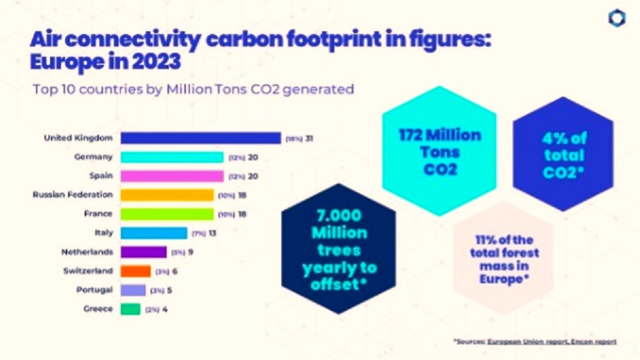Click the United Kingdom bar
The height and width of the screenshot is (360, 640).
(x=200, y=138)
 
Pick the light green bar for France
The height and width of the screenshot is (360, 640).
(x=167, y=214)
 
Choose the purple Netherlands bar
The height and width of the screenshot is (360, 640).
(x=143, y=252)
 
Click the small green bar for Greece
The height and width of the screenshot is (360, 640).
(x=131, y=309)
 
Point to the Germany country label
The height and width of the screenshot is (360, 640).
(x=93, y=157)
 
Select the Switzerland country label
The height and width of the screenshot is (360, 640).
(x=90, y=271)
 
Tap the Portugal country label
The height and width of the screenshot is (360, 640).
(x=94, y=290)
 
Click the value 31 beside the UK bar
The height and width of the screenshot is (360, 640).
(x=309, y=138)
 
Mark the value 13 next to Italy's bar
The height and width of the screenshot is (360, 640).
(x=212, y=233)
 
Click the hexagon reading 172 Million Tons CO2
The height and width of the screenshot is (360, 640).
(x=439, y=151)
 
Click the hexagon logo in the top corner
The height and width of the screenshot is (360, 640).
(x=617, y=19)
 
